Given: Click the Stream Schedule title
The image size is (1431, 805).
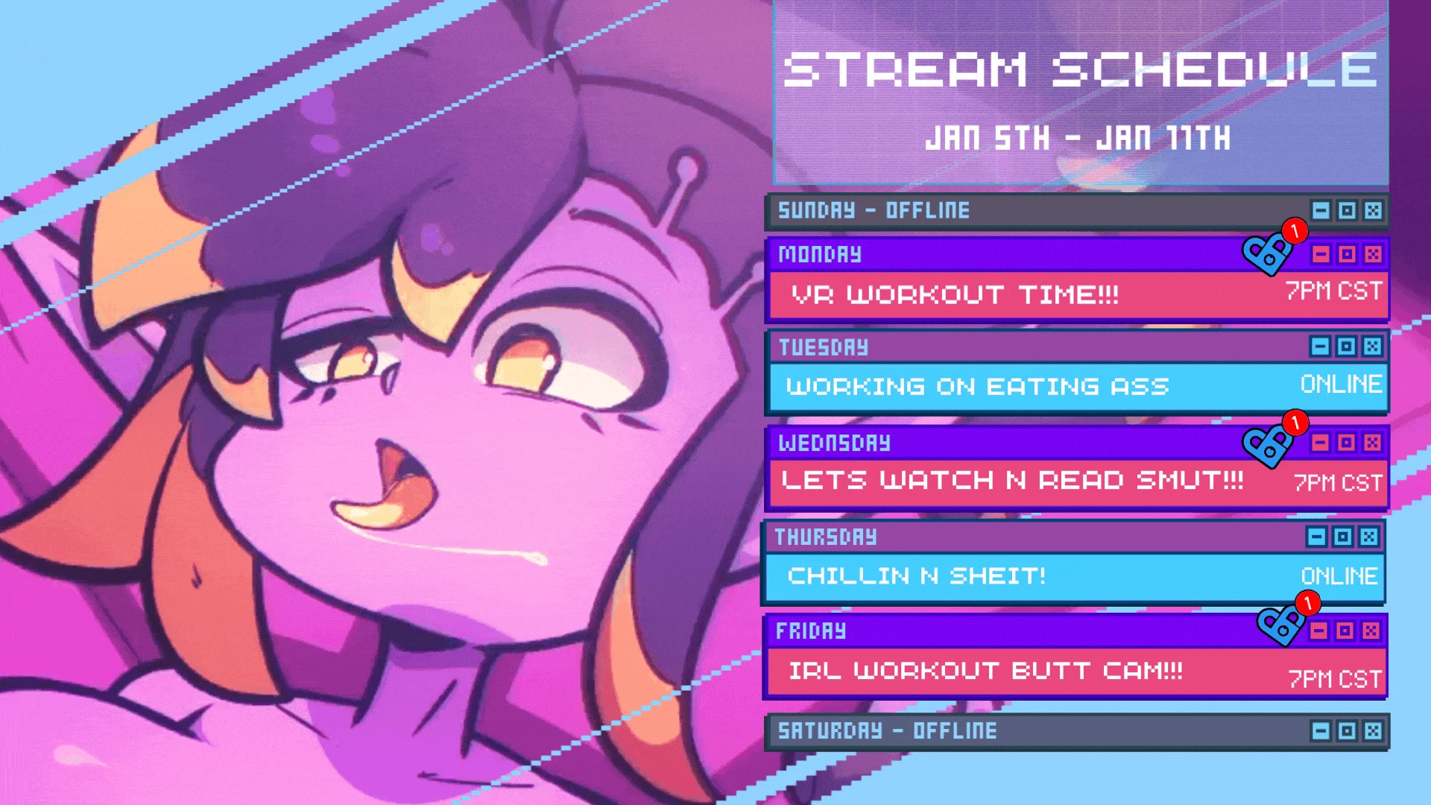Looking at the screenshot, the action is [1079, 69].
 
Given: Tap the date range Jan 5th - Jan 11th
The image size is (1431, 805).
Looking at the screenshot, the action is [1078, 139].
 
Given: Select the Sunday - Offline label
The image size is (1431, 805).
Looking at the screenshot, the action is [874, 210].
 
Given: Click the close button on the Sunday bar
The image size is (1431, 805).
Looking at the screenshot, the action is [1373, 211].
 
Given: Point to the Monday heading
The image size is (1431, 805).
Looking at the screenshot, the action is [820, 254].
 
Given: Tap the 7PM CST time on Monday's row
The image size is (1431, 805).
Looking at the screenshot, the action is [1334, 290].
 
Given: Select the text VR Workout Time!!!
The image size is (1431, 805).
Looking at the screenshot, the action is [955, 295].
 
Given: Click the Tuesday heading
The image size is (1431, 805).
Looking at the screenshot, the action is [824, 347].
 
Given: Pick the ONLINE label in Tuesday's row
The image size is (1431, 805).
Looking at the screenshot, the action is [1342, 384].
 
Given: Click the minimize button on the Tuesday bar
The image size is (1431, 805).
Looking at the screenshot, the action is [1320, 347].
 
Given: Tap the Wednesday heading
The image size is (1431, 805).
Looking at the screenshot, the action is [834, 443].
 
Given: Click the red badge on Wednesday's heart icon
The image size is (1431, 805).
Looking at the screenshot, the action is [1295, 423].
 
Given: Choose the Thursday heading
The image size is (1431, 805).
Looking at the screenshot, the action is [826, 537].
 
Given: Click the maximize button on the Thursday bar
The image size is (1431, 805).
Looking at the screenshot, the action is [1343, 537].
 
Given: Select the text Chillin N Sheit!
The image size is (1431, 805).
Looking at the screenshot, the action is [917, 575].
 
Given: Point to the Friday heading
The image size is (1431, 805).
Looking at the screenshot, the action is [811, 631].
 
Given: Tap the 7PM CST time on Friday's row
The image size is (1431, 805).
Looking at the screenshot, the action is [1336, 679].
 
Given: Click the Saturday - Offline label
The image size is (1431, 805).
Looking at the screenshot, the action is [887, 730].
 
